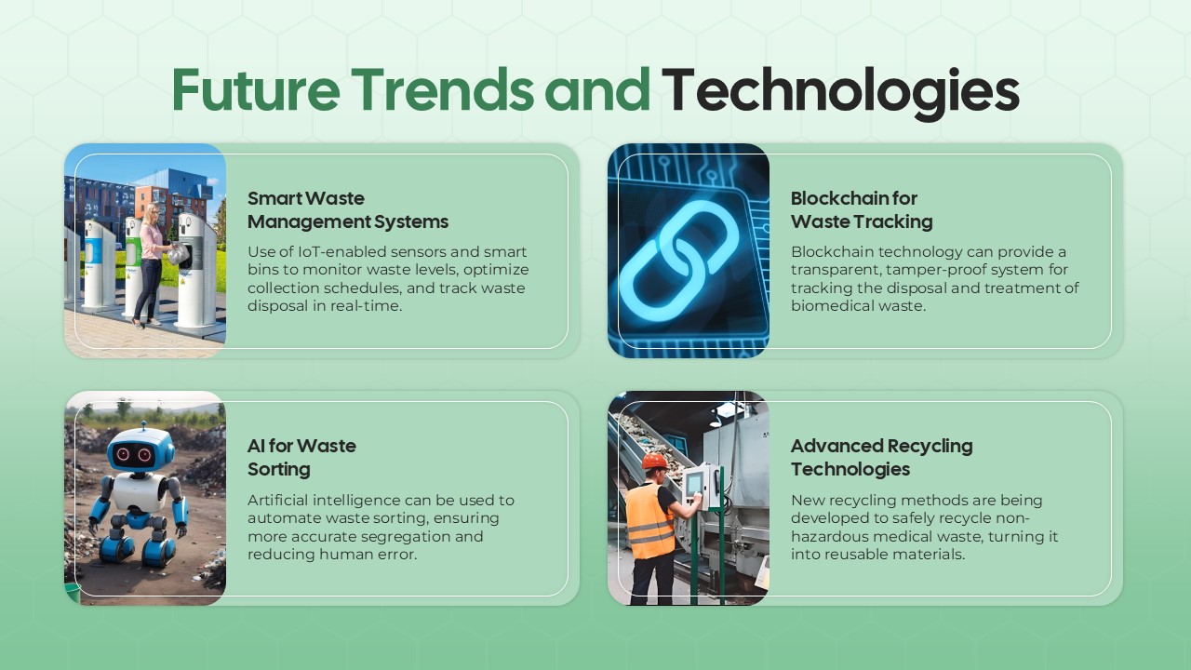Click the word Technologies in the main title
tap(840, 90)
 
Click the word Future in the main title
tap(254, 90)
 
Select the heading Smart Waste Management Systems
tap(347, 209)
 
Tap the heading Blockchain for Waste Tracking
tap(861, 209)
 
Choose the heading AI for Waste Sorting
tap(301, 457)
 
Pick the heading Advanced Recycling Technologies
tap(881, 457)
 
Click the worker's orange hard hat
tap(655, 461)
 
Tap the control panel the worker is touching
tap(697, 486)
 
